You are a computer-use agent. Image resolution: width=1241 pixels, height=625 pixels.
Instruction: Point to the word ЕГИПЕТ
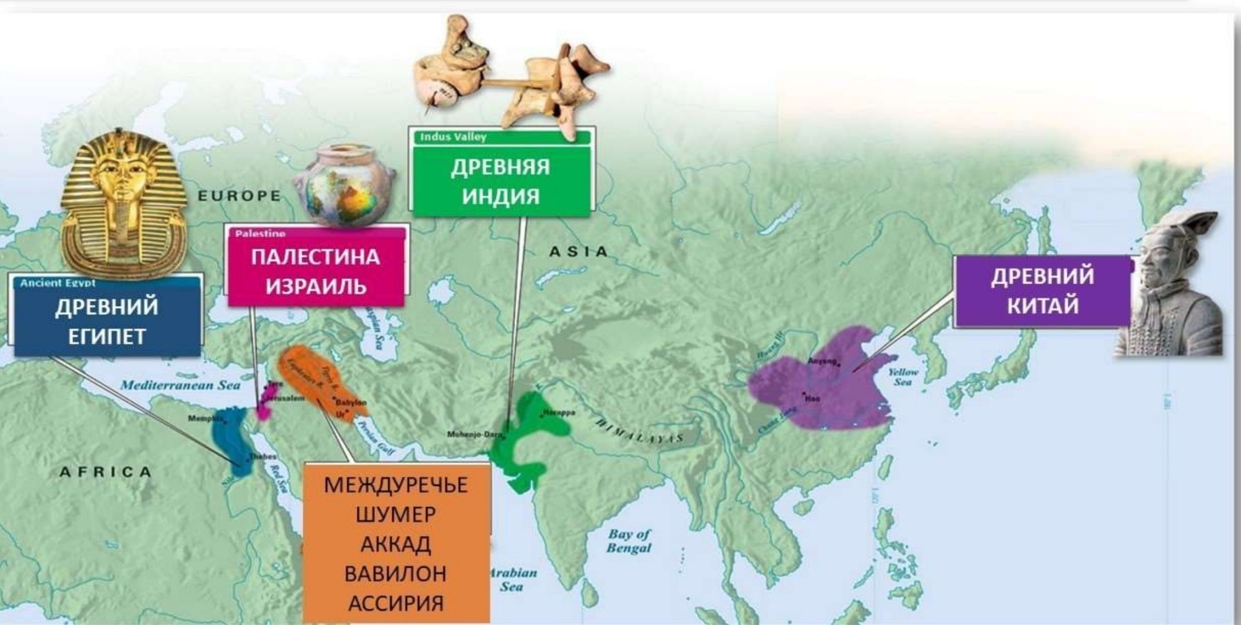coord(107,336)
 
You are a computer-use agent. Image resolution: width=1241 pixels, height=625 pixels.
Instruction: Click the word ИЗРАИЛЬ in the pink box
coord(316,286)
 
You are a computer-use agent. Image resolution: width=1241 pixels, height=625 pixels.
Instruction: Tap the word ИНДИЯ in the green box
coord(500,196)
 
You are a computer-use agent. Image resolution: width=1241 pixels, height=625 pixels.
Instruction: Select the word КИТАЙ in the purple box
coord(1043,305)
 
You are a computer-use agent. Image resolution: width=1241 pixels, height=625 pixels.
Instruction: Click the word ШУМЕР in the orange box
coord(396,515)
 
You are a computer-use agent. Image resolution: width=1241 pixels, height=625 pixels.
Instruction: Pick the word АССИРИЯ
coord(396,604)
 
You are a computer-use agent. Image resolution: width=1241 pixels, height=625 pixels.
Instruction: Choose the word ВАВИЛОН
coord(396,573)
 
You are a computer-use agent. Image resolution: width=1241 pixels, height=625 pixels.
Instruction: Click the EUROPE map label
coord(239,196)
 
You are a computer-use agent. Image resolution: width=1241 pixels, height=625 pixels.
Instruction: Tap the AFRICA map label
coord(106,472)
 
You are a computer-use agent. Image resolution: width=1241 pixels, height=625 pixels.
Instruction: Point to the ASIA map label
coord(578,252)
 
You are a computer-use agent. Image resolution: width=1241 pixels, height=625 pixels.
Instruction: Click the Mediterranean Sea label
coord(180,385)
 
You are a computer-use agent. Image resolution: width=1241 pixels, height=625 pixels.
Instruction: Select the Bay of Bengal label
coord(629,541)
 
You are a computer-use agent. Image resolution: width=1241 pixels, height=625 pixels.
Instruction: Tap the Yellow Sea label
coord(903,376)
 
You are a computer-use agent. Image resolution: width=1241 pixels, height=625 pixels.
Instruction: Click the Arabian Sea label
coord(513,579)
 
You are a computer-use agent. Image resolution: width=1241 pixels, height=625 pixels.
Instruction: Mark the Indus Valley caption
coord(453,137)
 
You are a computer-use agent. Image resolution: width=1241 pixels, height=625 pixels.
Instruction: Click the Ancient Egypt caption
coord(58,283)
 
